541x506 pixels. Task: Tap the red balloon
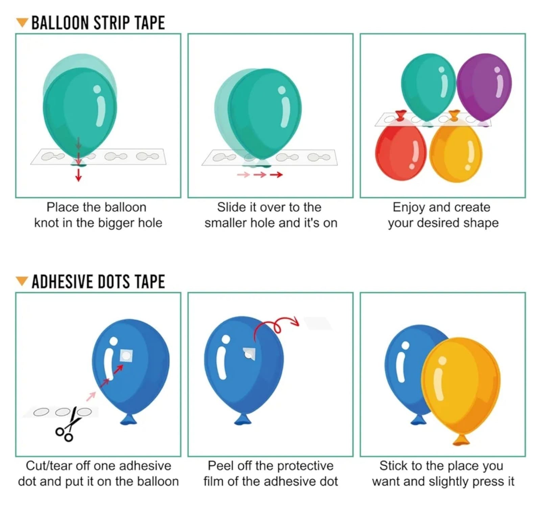[400, 152]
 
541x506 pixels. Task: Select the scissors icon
[70, 425]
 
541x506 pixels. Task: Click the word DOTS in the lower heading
[115, 282]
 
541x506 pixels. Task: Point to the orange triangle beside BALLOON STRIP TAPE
[22, 23]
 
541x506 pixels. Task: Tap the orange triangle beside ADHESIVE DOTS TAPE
[22, 281]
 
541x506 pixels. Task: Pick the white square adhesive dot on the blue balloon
[126, 355]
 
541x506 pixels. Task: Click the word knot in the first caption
[47, 223]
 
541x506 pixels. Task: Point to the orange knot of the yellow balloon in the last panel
[461, 440]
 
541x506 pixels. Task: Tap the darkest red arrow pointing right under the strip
[276, 175]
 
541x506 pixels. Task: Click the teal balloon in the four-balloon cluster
[428, 86]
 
